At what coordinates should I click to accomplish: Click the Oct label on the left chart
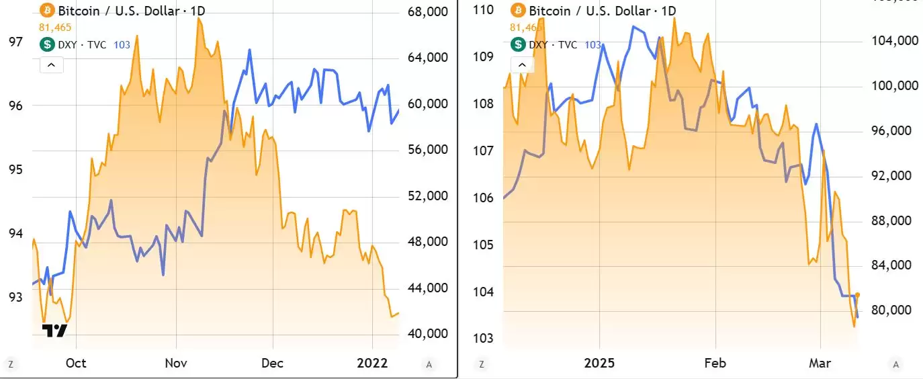click(76, 363)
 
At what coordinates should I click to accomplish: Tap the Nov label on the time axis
click(176, 363)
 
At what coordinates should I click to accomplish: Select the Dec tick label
click(272, 363)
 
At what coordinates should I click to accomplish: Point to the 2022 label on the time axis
click(372, 363)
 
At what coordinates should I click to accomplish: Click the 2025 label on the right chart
click(599, 363)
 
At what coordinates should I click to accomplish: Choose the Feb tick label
click(715, 363)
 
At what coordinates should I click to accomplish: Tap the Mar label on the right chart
click(820, 363)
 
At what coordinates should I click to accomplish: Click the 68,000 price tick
click(427, 12)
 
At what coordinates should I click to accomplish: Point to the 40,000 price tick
click(427, 334)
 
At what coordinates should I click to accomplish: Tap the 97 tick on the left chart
click(15, 42)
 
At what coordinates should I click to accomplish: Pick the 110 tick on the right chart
click(484, 10)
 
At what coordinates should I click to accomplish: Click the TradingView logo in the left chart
click(54, 331)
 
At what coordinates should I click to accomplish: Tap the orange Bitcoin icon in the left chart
click(47, 10)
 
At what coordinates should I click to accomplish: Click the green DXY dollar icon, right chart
click(518, 45)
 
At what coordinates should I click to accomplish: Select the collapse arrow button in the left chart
click(52, 65)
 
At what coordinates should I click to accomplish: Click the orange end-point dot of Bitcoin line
click(857, 295)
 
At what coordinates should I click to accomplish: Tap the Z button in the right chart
click(481, 364)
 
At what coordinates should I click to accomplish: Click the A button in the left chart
click(429, 364)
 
